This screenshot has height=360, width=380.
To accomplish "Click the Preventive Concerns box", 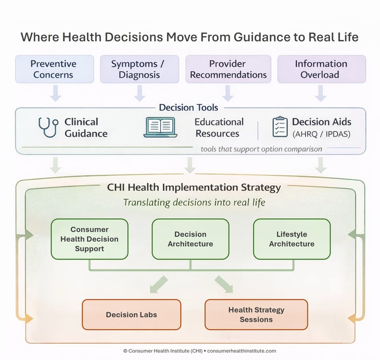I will (54, 69).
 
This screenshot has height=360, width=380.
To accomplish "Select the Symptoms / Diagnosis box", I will (138, 69).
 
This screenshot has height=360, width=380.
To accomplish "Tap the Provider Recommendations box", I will (228, 69).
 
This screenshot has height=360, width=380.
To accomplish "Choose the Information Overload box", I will (321, 69).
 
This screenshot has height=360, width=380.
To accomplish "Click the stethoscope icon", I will (48, 127).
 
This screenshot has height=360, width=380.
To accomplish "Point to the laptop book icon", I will (160, 127).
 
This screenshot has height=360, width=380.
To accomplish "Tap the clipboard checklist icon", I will (280, 127).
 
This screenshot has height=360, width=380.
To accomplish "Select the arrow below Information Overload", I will (321, 93).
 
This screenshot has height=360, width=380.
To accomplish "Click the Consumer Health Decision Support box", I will (90, 239).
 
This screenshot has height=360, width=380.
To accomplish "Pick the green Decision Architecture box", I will (190, 239).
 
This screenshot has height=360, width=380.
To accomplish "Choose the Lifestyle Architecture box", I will (291, 239).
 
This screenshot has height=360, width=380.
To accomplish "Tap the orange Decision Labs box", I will (131, 314).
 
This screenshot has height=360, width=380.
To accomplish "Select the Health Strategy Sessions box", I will (256, 314).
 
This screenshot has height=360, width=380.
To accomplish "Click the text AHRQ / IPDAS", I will (321, 134).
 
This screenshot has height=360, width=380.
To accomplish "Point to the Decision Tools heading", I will (189, 107).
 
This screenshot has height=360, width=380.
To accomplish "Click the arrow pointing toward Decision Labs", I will (158, 285).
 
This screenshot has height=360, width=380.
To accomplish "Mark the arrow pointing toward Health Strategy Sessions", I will (224, 285).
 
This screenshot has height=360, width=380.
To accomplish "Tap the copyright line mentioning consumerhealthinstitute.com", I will (199, 351).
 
